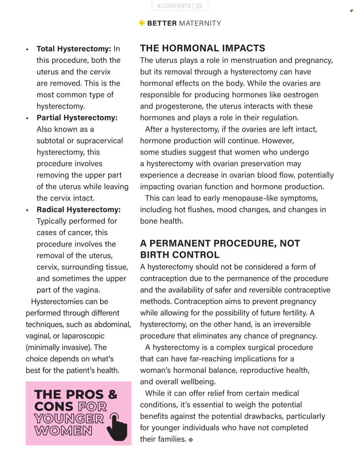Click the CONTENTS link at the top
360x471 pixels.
point(174,6)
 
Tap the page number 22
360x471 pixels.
point(199,6)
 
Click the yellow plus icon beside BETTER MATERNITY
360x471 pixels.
point(142,23)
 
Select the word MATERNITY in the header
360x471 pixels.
point(200,23)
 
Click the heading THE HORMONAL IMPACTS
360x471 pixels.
point(202,48)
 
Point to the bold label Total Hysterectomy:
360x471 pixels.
point(74,49)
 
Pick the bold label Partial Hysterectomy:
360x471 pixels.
point(77,118)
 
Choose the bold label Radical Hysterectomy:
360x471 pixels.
point(78,209)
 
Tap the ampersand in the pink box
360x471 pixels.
point(113,394)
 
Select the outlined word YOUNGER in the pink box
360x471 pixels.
point(69,419)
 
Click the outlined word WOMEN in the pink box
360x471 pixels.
point(63,431)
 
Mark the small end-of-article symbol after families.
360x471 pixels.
point(191,440)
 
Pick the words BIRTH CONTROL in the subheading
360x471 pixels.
point(180,255)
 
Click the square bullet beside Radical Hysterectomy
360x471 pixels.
point(27,210)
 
